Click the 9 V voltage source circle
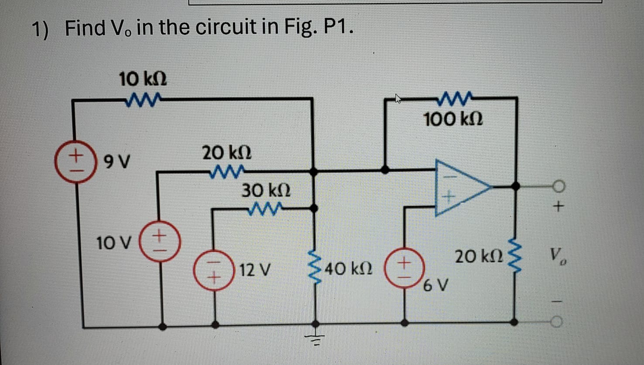click(75, 162)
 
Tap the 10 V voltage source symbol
click(160, 242)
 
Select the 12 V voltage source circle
click(214, 271)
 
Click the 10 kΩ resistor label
click(143, 80)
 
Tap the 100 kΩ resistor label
click(453, 119)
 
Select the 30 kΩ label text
click(266, 191)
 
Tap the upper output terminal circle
click(558, 187)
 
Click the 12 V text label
click(255, 270)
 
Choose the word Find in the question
click(85, 28)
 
